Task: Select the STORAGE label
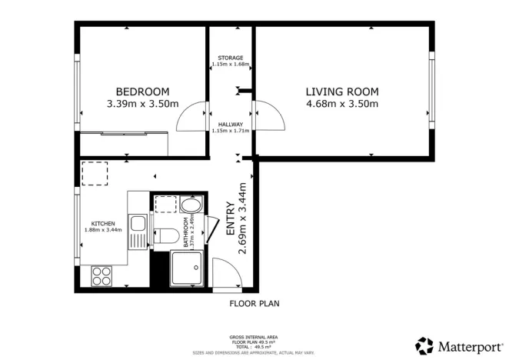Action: click(231, 58)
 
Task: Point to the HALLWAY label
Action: click(231, 124)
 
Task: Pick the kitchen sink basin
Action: click(138, 225)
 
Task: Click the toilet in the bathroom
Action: click(165, 235)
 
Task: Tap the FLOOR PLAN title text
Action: click(254, 304)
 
